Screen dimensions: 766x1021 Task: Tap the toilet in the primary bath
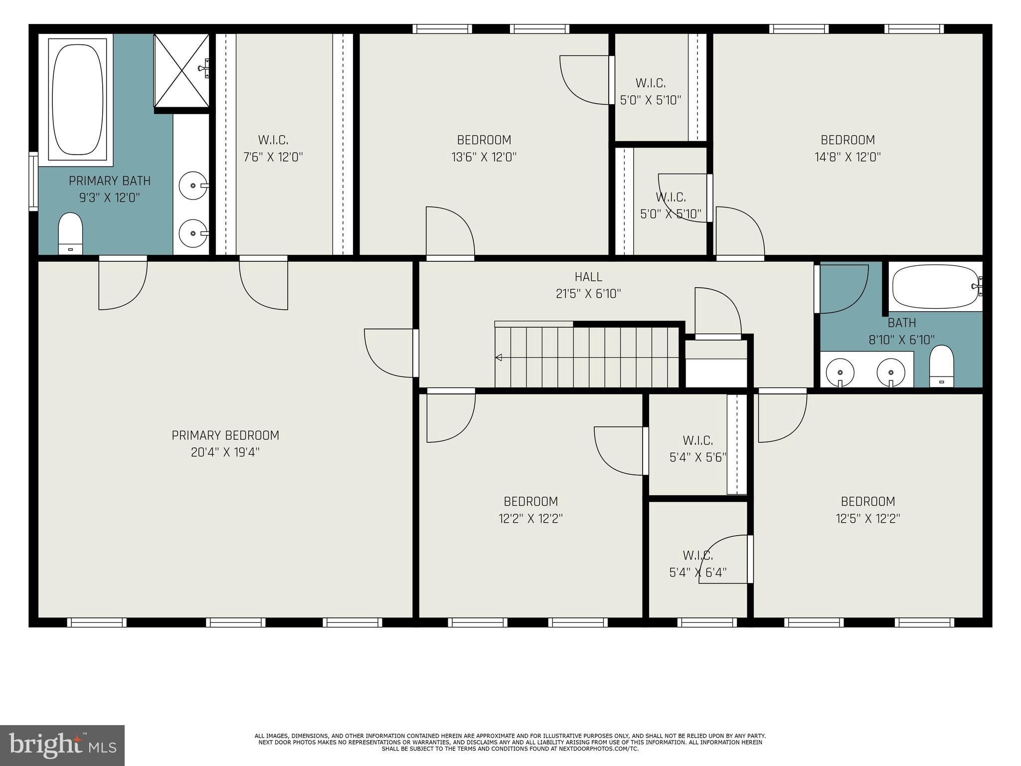pos(70,233)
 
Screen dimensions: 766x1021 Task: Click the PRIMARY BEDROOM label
pos(225,435)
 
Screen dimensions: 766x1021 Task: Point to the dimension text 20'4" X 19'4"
pos(225,453)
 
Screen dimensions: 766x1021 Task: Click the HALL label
pos(588,277)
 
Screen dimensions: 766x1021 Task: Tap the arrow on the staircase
pos(499,358)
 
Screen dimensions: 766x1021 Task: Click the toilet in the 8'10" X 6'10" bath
pos(941,366)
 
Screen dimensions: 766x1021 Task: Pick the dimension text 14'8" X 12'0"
pos(848,157)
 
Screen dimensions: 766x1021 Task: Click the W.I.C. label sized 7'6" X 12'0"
pos(273,140)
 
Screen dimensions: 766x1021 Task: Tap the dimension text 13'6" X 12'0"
pos(484,157)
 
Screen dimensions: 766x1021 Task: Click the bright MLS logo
pos(62,745)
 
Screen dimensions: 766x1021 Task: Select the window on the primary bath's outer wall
pos(33,181)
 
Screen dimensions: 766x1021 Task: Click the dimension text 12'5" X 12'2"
pos(867,519)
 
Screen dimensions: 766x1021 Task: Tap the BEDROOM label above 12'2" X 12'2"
pos(530,501)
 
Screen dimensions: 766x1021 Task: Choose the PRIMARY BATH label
pos(110,181)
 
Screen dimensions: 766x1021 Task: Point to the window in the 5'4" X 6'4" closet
pos(707,622)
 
